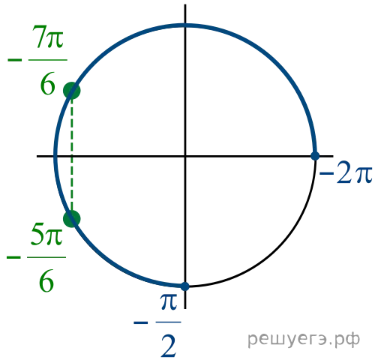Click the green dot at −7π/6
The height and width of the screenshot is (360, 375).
click(72, 91)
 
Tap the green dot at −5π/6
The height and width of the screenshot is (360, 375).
click(72, 219)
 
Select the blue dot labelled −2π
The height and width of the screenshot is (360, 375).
click(315, 156)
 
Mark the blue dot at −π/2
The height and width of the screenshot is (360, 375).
click(184, 286)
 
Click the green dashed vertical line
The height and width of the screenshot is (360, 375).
click(72, 154)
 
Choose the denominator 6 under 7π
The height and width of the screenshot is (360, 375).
click(47, 83)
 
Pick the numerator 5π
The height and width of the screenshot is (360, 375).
click(47, 234)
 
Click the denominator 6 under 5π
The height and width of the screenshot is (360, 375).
click(46, 280)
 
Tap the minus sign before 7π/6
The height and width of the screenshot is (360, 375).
click(15, 60)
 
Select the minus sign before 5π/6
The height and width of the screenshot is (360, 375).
click(13, 257)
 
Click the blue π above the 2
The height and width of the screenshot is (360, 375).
click(169, 301)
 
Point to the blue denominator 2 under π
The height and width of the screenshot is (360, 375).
click(169, 346)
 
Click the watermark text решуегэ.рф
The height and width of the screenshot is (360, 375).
click(304, 340)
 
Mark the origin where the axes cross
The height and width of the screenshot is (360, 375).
click(185, 156)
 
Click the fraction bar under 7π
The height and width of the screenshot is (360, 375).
click(48, 60)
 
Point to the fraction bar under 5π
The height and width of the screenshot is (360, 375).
click(46, 257)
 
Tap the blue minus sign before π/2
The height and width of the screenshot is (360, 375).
click(141, 322)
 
